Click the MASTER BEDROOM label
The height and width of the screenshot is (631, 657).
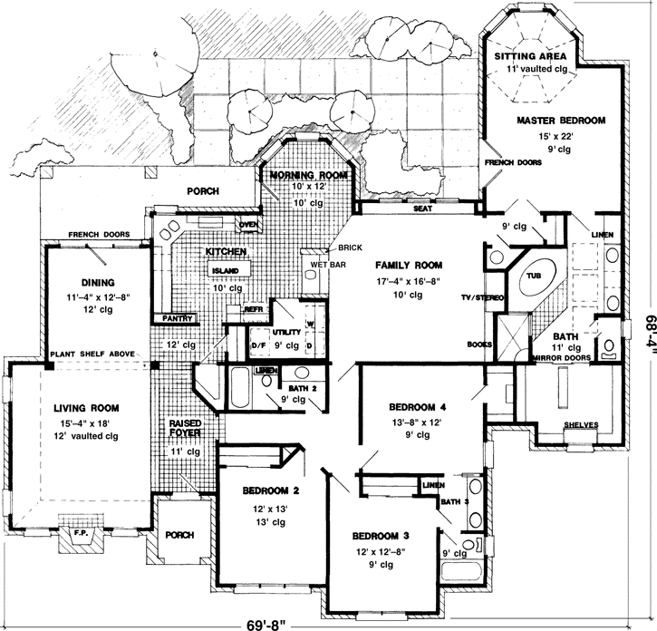click(561, 120)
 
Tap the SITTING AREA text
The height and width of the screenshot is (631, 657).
click(530, 55)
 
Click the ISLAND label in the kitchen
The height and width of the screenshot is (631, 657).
click(225, 271)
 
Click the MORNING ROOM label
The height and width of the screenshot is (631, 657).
click(304, 175)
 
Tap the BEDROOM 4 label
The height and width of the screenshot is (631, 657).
click(418, 405)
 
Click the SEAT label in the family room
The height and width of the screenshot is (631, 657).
click(421, 209)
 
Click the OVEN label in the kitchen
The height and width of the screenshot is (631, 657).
click(247, 225)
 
